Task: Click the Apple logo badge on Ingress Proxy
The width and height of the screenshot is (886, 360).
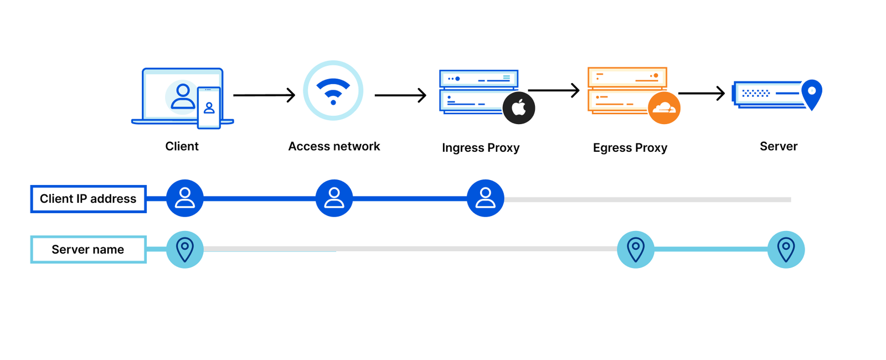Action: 519,108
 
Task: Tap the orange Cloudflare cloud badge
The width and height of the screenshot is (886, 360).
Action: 664,108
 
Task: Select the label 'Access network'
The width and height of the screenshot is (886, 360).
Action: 334,146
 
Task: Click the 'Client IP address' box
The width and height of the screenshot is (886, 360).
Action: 88,199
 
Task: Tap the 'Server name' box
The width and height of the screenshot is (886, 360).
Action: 88,250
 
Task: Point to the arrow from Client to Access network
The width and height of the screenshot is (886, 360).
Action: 264,95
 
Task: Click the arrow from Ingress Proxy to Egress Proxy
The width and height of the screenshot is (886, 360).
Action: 553,90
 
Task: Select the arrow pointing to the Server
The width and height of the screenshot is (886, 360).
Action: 701,93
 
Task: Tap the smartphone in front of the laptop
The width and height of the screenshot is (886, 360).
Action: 209,107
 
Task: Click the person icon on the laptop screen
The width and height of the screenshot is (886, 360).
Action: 183,96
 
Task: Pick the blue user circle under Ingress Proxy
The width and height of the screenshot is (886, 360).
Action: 485,198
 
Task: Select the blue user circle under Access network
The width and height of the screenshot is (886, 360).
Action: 334,198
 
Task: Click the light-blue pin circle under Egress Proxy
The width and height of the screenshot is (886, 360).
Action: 636,250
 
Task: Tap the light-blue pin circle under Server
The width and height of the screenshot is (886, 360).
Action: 786,250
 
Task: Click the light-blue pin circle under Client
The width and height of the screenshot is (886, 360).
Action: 185,250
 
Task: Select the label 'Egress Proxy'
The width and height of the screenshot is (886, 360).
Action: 630,148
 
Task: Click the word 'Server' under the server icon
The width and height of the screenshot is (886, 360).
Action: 778,146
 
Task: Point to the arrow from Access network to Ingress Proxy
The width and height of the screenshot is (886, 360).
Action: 400,95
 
